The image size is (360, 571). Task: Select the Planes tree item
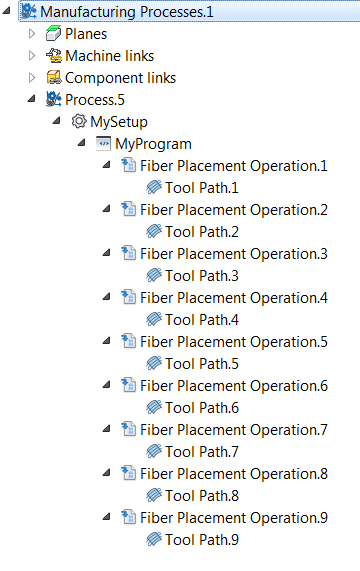(86, 33)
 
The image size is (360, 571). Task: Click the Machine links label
(109, 55)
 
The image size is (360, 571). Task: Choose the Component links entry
(120, 77)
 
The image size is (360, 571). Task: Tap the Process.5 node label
(95, 99)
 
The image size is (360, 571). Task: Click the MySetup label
(118, 121)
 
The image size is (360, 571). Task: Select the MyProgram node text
(153, 143)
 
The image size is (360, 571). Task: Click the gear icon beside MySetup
(79, 121)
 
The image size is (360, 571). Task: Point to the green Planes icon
(54, 33)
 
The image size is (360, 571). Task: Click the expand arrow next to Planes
(32, 33)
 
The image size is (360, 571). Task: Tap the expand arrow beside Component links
(32, 77)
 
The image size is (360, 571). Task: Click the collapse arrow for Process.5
(32, 99)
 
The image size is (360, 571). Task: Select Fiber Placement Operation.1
(233, 165)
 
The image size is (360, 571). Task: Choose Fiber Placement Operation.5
(233, 341)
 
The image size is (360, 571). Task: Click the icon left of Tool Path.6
(153, 407)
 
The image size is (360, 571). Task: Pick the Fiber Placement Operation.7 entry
(233, 429)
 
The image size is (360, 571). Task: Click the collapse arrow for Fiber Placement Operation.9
(107, 517)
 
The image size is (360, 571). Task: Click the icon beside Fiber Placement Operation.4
(128, 297)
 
